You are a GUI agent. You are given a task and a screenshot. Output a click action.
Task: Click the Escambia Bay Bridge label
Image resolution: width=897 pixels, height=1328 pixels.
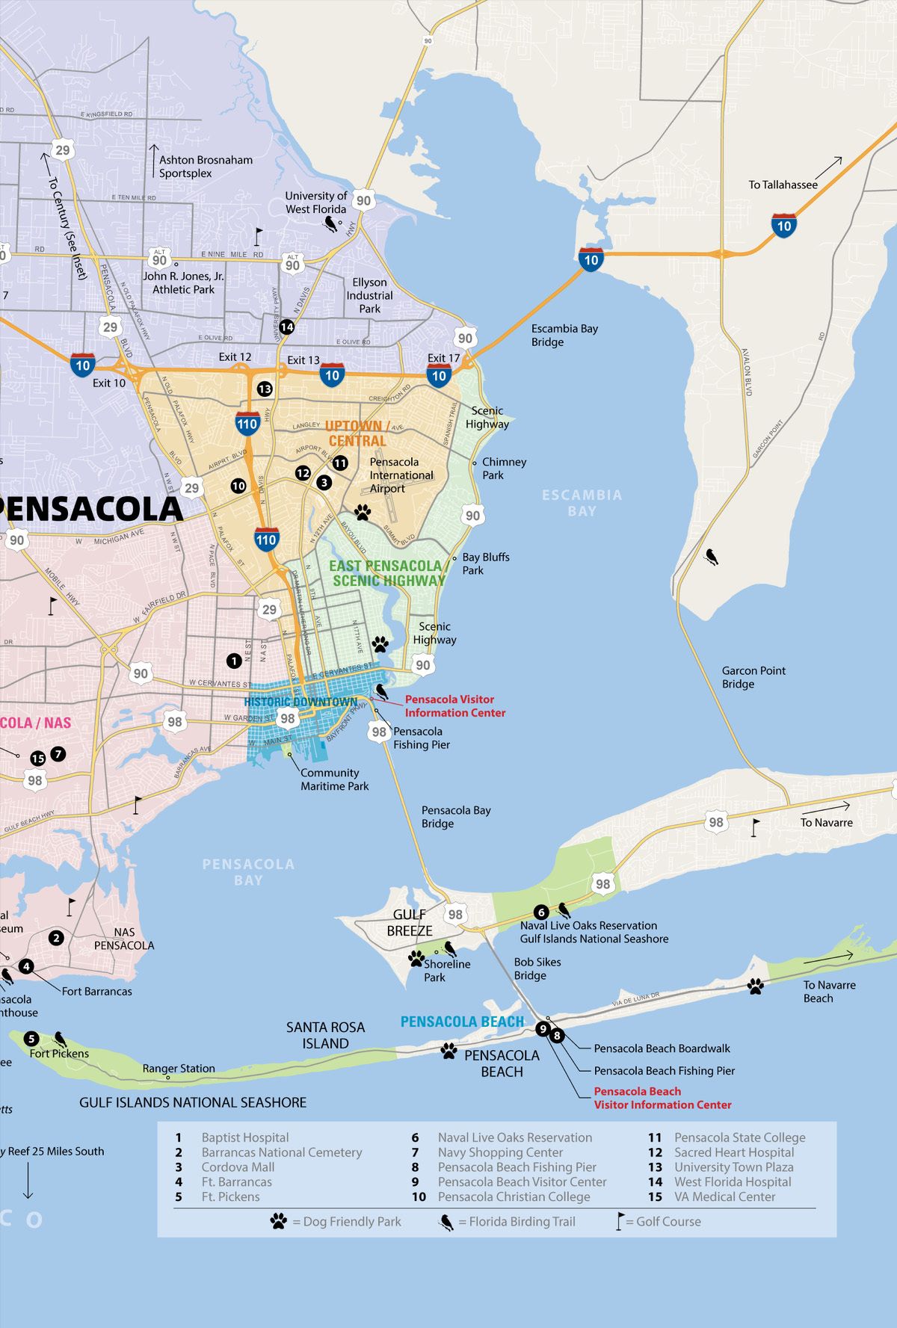(564, 336)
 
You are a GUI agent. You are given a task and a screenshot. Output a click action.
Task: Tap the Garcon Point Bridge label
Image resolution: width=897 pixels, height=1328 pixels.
(753, 677)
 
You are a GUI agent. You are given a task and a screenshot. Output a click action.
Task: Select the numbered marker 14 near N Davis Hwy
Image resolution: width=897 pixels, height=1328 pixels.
(286, 327)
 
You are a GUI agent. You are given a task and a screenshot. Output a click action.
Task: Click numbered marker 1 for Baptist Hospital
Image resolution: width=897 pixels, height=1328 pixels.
(234, 661)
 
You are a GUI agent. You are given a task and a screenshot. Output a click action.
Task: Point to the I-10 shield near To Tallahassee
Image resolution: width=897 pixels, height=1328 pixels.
(783, 226)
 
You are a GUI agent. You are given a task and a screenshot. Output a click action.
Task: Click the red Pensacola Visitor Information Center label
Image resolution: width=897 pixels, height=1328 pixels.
(454, 706)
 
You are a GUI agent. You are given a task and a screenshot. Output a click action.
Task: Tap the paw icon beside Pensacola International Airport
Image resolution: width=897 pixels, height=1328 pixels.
(363, 512)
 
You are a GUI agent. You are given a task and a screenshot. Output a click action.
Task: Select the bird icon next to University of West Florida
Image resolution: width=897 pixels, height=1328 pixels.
(330, 224)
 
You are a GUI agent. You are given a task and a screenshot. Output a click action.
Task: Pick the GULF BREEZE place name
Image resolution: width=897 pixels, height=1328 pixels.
(410, 922)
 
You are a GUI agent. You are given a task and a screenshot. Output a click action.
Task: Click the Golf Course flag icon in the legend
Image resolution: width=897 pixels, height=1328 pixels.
(619, 1221)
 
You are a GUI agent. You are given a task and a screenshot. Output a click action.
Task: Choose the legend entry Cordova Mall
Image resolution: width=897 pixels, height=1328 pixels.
(237, 1167)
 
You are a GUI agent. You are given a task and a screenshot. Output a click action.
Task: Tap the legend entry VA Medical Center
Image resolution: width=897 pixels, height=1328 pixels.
(724, 1196)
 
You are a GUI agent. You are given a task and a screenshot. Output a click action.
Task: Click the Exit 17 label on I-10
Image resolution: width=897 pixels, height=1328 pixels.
(443, 358)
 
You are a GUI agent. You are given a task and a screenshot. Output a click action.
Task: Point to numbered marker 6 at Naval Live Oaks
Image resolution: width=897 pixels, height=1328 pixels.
(541, 912)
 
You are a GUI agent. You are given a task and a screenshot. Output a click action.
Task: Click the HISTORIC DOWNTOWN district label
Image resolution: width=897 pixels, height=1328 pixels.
(300, 702)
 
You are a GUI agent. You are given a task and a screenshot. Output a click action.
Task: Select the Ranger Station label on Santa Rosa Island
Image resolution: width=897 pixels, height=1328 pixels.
(179, 1069)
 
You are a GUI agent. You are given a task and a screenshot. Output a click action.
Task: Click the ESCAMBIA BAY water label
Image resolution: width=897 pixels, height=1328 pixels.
(582, 503)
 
